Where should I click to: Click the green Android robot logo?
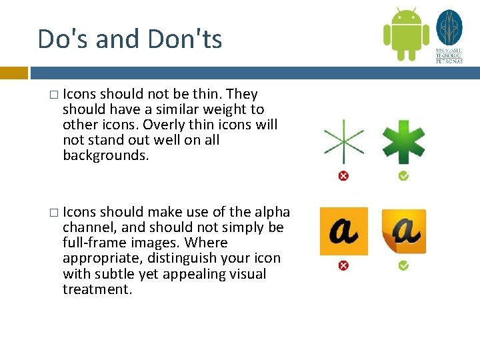405,34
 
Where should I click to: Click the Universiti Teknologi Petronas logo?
449,36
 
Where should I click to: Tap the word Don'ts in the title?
185,39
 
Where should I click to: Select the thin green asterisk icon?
343,142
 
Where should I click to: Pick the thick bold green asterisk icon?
403,141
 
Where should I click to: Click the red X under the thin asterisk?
343,176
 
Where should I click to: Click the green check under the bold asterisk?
403,176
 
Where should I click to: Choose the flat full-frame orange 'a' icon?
343,231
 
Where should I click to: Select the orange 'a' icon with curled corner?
403,231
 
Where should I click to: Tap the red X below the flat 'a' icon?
343,265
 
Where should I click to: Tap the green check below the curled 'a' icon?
403,265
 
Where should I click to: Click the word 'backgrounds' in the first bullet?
103,156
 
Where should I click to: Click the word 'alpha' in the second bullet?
272,212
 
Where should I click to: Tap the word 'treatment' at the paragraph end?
96,289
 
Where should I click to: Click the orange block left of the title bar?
13,73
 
